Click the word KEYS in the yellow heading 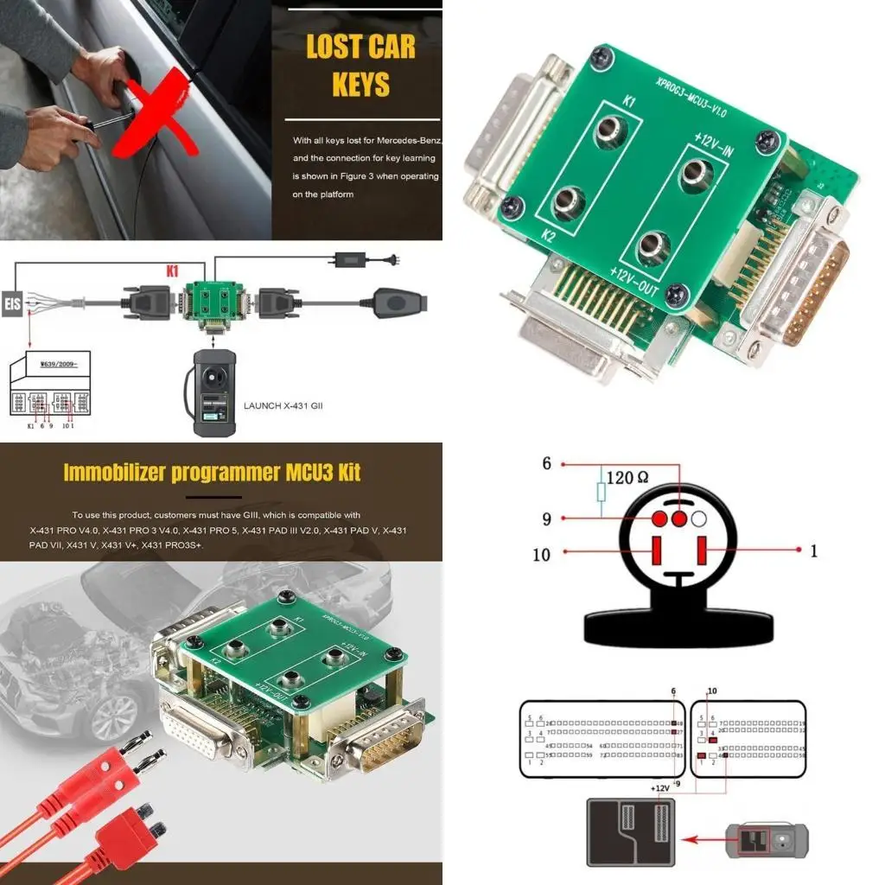(361, 85)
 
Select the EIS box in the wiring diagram (12, 305)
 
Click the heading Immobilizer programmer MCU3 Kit (212, 472)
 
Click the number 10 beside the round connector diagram (541, 554)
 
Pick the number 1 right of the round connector (812, 551)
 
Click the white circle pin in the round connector (699, 519)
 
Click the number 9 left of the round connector (546, 519)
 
